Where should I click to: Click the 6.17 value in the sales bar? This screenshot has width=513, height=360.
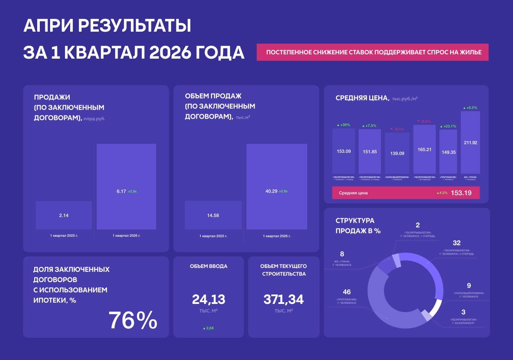pos(121,191)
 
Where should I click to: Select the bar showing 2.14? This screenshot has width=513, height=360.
pos(64,215)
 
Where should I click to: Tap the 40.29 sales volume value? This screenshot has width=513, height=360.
pos(272,191)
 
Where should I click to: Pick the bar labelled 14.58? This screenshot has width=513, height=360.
pos(213,215)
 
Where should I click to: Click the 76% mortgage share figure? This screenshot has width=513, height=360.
pos(133,320)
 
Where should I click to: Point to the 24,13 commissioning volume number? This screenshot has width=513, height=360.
pos(208,299)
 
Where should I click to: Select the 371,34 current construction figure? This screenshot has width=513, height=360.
pos(284,299)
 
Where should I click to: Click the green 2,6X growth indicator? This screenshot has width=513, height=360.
pos(208,328)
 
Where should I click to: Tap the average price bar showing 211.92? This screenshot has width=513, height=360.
pos(470,143)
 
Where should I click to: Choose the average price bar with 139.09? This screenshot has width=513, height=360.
pos(397,153)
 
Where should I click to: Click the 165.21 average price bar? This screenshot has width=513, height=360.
pos(424,149)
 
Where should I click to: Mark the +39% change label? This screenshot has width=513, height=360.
pos(343,125)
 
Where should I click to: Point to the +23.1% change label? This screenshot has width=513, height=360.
pos(448,126)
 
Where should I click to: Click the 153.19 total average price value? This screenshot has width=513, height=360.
pos(461,193)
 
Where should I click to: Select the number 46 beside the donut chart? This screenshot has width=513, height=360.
pos(347,292)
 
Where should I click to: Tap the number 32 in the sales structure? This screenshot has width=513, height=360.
pos(457,243)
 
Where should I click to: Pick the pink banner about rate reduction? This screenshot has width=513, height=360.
pos(372,52)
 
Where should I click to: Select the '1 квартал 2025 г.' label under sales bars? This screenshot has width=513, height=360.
pos(64,236)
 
